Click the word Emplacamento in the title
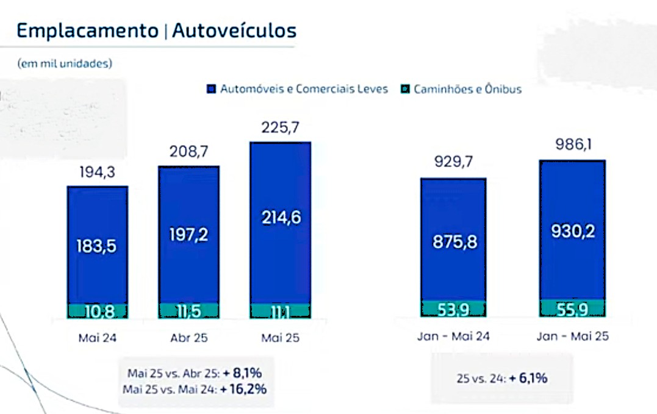87,30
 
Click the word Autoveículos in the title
234,30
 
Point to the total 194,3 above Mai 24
97,173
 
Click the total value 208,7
188,152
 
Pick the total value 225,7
280,127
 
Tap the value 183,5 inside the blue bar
97,246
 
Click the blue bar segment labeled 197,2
188,234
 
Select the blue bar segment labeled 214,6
280,218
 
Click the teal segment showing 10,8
97,311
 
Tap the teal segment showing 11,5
188,311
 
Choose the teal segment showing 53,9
453,309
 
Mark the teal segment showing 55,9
572,309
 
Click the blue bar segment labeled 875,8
453,241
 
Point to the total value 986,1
572,146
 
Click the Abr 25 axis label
188,337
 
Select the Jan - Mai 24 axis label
453,336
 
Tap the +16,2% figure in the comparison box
245,388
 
